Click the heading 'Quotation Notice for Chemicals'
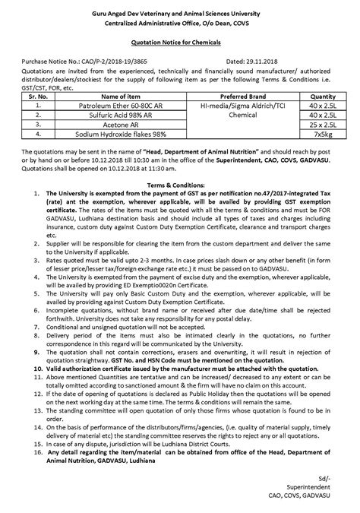click(x=180, y=45)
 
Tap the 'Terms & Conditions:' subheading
click(x=180, y=185)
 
